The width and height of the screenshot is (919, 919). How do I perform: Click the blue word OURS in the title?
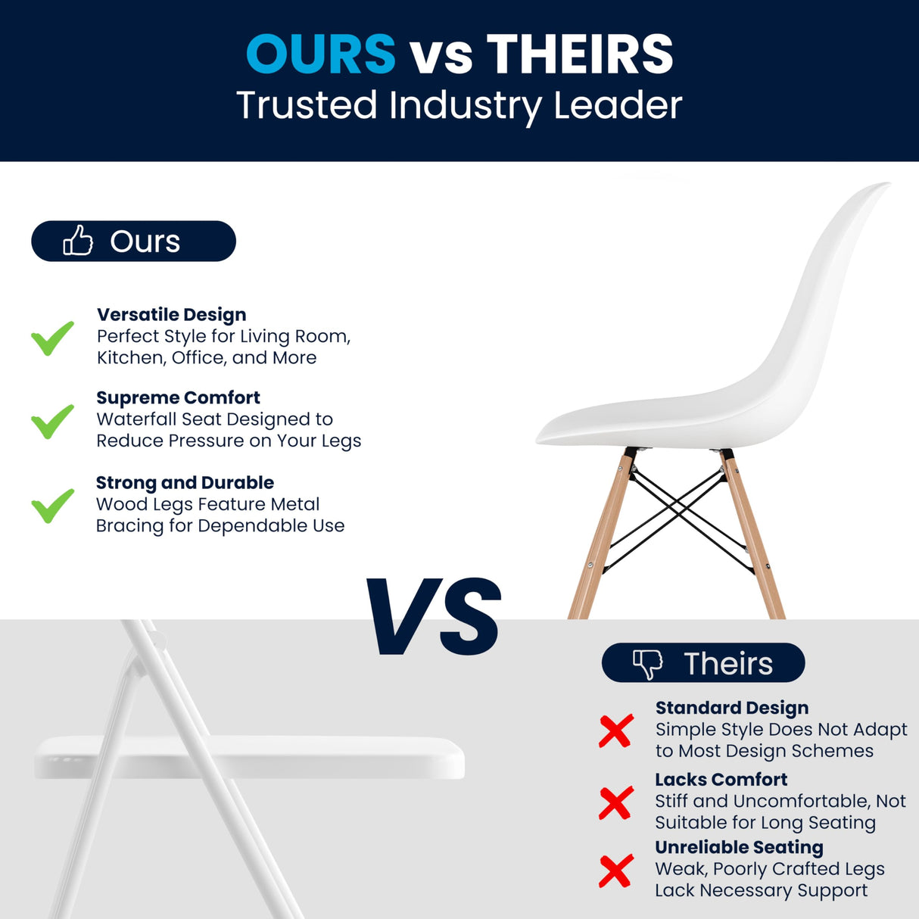pos(321,55)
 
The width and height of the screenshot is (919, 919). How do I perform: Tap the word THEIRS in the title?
pos(580,55)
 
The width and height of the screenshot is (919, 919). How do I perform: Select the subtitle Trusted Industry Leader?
pos(459,105)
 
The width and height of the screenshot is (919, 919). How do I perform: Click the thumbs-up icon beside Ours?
pos(78,241)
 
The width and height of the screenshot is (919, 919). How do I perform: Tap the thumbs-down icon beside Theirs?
pos(647,663)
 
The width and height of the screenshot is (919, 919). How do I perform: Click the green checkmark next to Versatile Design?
pos(52,338)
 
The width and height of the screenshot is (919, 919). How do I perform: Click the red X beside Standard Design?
pos(616,731)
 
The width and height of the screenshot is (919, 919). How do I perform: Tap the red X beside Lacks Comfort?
pos(616,802)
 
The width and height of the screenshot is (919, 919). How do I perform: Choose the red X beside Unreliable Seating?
pos(616,871)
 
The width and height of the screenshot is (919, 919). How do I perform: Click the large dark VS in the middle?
pos(434,617)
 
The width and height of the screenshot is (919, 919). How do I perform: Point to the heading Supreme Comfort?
pos(178,397)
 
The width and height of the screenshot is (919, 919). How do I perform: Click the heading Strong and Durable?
pos(185,482)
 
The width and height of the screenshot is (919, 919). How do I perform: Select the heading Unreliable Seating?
pos(739,847)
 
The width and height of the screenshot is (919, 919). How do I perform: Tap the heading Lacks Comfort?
pos(721,779)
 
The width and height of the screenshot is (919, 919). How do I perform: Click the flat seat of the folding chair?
pos(250,757)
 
